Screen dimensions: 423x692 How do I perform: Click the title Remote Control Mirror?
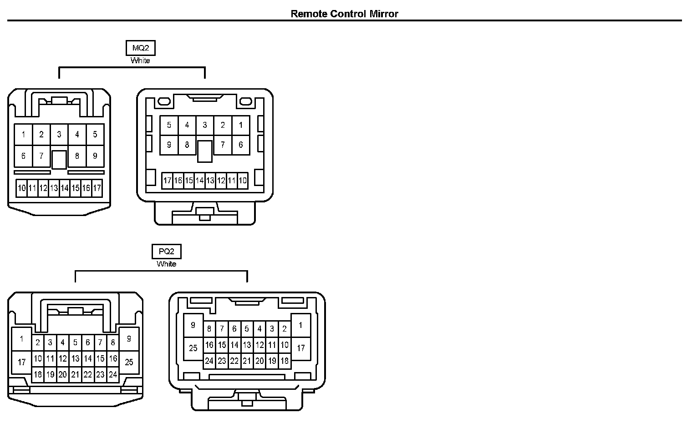[x=344, y=14]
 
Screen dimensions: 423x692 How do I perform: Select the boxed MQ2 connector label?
[x=140, y=48]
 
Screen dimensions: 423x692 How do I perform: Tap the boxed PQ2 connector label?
[x=167, y=251]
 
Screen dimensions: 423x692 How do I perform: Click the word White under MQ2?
[x=140, y=60]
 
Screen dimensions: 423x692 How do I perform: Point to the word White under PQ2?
[x=167, y=264]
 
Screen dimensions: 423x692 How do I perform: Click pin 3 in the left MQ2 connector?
[x=59, y=135]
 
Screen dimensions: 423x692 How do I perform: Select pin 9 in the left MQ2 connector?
[x=95, y=156]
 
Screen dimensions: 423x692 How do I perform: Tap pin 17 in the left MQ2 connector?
[x=97, y=188]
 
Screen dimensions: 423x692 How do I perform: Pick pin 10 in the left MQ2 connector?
[x=21, y=188]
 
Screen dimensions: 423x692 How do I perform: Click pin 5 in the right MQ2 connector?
[x=169, y=125]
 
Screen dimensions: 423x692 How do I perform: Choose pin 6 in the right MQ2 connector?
[x=241, y=145]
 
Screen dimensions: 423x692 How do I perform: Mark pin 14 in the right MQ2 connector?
[x=199, y=181]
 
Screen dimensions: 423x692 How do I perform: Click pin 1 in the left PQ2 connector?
[x=21, y=339]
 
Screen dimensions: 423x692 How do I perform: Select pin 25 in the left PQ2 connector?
[x=129, y=362]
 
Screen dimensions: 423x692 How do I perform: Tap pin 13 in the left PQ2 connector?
[x=76, y=359]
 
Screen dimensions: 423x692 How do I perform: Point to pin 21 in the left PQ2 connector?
[x=76, y=375]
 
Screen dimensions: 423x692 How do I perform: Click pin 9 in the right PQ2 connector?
[x=193, y=325]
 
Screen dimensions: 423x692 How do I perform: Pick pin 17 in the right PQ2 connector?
[x=301, y=348]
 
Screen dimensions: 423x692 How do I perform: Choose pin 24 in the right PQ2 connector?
[x=209, y=361]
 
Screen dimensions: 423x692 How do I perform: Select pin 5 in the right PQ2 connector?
[x=247, y=329]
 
